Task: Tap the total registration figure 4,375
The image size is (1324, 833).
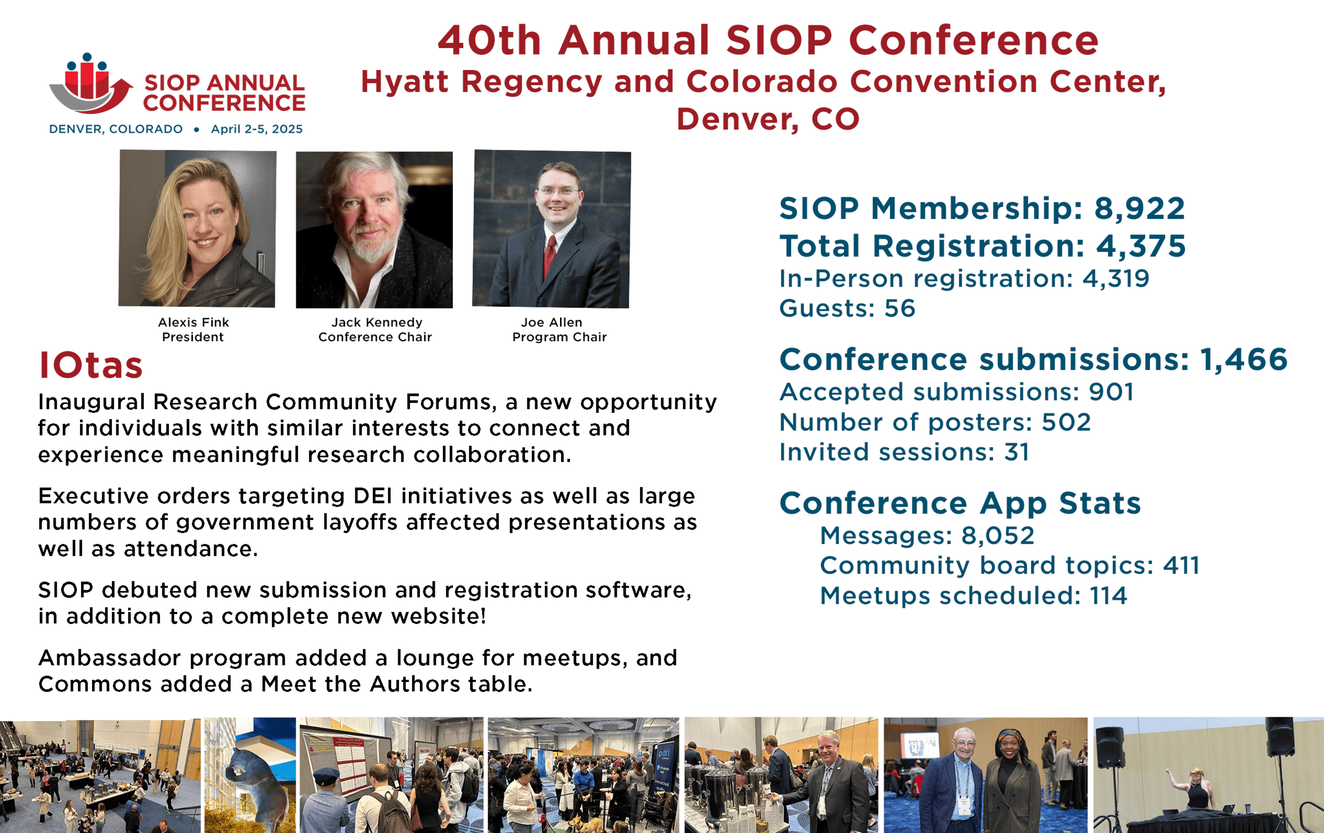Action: click(1140, 246)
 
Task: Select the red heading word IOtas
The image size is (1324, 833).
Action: click(91, 366)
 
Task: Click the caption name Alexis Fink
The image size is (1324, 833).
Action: click(193, 323)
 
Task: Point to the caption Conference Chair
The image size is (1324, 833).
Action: click(375, 337)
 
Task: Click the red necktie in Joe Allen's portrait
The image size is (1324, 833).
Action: click(549, 256)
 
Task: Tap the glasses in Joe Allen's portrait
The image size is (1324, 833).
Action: click(558, 191)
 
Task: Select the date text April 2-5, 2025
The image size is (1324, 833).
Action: click(257, 129)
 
